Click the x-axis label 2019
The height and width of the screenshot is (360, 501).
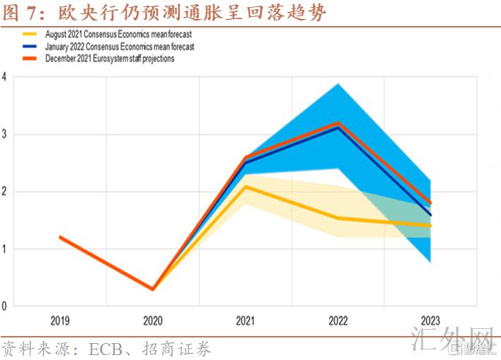[60, 321]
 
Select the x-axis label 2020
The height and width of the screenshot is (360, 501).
[152, 321]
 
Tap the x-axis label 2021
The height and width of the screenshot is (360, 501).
[245, 321]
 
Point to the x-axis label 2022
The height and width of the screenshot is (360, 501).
[338, 321]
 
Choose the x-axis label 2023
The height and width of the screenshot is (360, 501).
[431, 321]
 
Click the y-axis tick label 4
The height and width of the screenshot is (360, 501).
[5, 77]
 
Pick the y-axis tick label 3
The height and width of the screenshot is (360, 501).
[5, 134]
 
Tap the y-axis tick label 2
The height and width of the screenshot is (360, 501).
[5, 192]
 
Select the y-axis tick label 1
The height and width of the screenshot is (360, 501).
[5, 249]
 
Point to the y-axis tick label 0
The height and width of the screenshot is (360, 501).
[5, 306]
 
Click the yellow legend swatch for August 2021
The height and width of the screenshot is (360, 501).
[31, 34]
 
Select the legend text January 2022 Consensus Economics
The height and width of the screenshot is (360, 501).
[119, 46]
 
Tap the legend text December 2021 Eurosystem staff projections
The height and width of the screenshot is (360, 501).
[110, 59]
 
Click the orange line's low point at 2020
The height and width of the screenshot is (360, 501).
[153, 289]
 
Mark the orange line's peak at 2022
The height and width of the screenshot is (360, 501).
[338, 123]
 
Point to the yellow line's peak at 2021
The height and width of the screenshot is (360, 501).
[245, 187]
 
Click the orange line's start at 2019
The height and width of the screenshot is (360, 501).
[61, 237]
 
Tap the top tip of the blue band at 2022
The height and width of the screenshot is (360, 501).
[338, 84]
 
